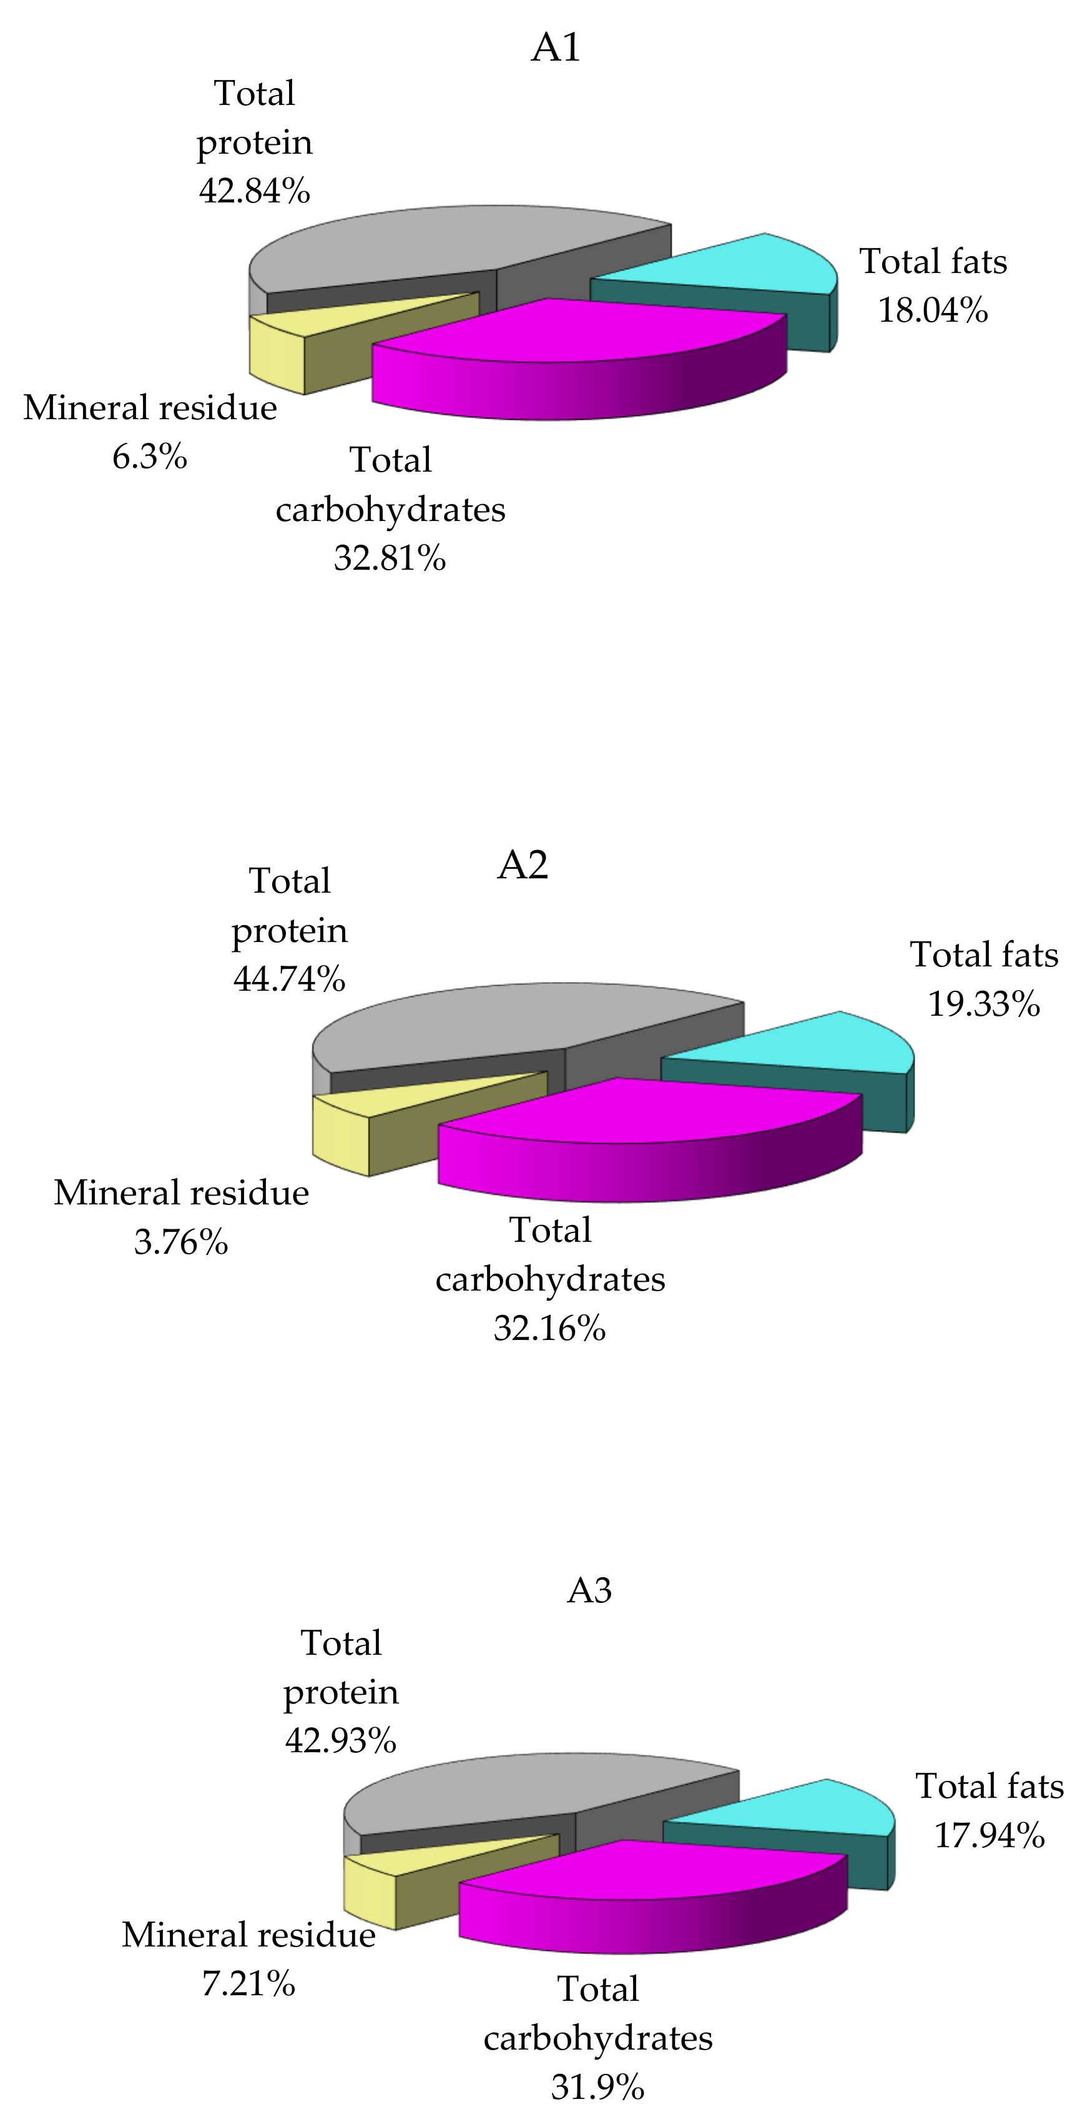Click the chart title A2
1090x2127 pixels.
pos(523,865)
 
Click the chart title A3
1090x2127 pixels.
pos(589,1589)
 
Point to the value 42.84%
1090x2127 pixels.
pos(254,191)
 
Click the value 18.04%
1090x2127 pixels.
pos(933,310)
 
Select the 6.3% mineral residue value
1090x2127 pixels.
pos(149,457)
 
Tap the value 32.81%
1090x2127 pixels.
pos(390,558)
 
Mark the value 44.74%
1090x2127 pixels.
pos(289,979)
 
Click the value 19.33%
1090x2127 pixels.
pos(983,1004)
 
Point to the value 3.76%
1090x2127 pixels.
pos(180,1242)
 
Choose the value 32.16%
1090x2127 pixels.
pos(549,1329)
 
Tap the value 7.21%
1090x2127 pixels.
pos(248,1983)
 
